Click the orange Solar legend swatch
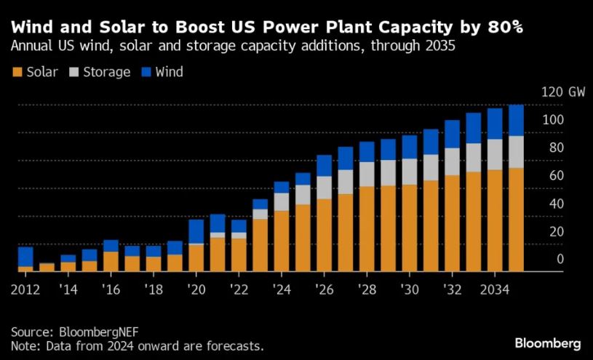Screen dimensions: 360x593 [17, 72]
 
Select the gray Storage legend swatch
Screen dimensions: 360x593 [74, 72]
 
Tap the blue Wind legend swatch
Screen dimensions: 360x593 [146, 72]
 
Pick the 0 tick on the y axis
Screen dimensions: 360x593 [560, 259]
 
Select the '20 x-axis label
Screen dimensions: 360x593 [196, 289]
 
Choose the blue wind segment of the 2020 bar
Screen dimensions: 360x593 [196, 231]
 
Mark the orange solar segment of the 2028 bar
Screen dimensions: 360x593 [367, 229]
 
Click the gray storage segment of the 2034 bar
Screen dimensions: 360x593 [495, 154]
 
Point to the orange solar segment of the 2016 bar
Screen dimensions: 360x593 [111, 262]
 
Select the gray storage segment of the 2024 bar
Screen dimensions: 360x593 [282, 201]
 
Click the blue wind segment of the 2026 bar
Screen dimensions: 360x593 [324, 165]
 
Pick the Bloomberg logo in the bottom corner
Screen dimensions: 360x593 [547, 343]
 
